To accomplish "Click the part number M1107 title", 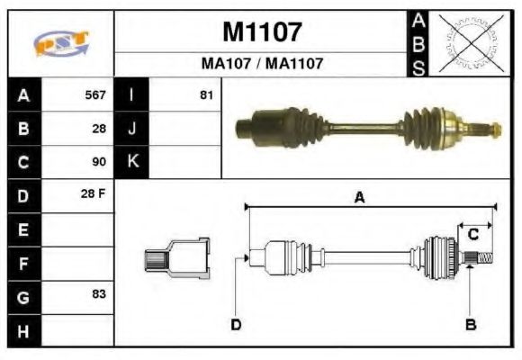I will [262, 32].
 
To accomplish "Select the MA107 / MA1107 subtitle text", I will [261, 64].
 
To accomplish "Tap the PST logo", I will [60, 42].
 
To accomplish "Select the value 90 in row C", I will [99, 162].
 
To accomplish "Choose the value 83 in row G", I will [99, 295].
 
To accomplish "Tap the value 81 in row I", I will [206, 94].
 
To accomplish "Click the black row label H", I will [23, 330].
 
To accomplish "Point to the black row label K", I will [132, 162].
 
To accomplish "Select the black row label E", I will [23, 230].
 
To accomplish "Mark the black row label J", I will [132, 129].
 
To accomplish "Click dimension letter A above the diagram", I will [358, 198].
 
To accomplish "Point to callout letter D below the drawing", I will [236, 324].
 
